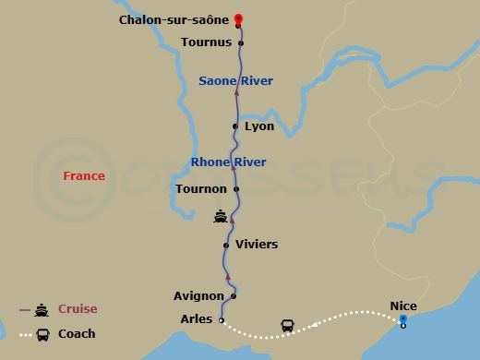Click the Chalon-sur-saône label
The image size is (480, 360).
click(x=174, y=19)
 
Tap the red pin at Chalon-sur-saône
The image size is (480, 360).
click(x=238, y=19)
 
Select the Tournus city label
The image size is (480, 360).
click(x=206, y=42)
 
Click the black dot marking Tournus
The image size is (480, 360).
click(x=241, y=42)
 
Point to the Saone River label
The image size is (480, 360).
click(x=235, y=81)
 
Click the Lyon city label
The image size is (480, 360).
click(x=259, y=126)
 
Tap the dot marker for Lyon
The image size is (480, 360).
click(x=235, y=126)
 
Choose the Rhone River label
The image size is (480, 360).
click(x=228, y=162)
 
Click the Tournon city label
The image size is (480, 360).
click(x=201, y=189)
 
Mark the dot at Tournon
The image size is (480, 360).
click(x=236, y=189)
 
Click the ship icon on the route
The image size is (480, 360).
click(x=220, y=217)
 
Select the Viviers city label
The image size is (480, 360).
click(x=256, y=245)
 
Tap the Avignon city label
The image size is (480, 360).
click(x=198, y=296)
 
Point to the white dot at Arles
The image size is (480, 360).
click(x=221, y=319)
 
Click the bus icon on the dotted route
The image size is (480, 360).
click(x=287, y=326)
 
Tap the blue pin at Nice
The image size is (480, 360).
click(x=402, y=319)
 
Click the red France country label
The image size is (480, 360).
click(x=84, y=175)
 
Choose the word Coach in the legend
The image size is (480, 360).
click(x=77, y=334)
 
